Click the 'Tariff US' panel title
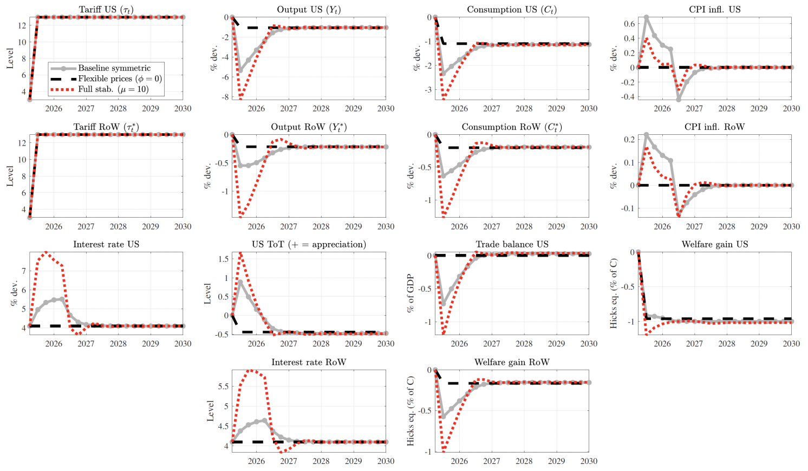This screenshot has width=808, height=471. pos(106,10)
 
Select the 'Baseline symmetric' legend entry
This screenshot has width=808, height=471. pos(114,68)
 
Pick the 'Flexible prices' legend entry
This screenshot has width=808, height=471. pos(120,78)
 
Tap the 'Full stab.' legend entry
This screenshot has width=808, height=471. pos(113,89)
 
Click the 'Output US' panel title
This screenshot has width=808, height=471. pos(309,10)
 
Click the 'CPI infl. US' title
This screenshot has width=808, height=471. pos(715,10)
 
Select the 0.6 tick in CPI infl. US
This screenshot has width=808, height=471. pos(629,24)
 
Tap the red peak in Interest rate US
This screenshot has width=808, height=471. pos(46,252)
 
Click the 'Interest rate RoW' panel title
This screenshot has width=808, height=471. pos(309,362)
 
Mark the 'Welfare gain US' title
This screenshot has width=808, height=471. pos(715,245)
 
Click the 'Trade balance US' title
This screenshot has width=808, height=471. pos(512,245)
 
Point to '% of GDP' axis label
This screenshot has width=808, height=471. pos(410,293)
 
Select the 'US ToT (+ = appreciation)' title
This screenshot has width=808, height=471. pos(309,245)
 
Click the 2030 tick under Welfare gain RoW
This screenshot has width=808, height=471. pos(589,461)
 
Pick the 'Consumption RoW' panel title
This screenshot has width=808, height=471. pos(512,127)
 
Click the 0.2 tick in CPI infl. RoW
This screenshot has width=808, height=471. pos(629,140)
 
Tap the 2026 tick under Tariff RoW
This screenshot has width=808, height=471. pos(54,226)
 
